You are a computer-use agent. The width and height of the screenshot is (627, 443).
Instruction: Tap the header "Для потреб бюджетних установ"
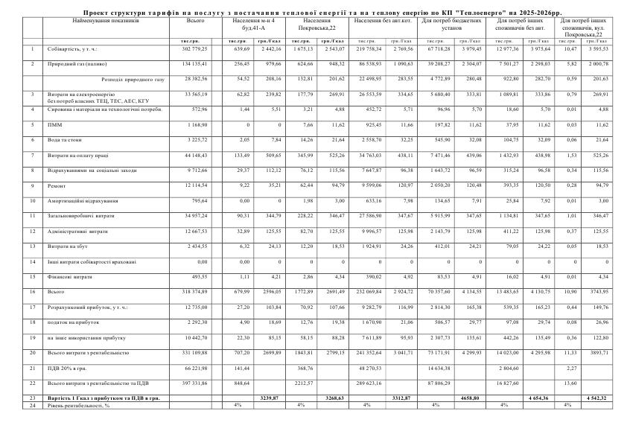pos(451,24)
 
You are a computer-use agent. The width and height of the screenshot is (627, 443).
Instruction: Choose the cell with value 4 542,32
pos(596,398)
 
